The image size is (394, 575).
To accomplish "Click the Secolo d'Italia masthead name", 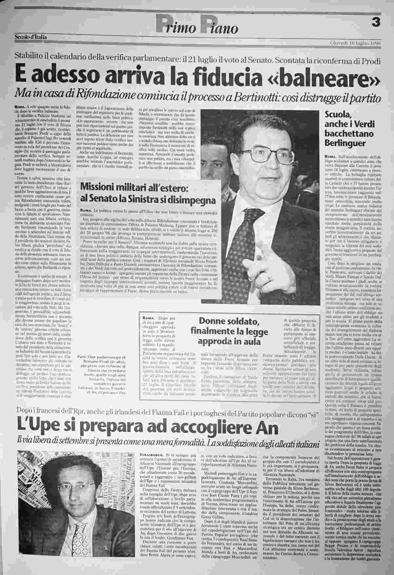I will pyautogui.click(x=30, y=37).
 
